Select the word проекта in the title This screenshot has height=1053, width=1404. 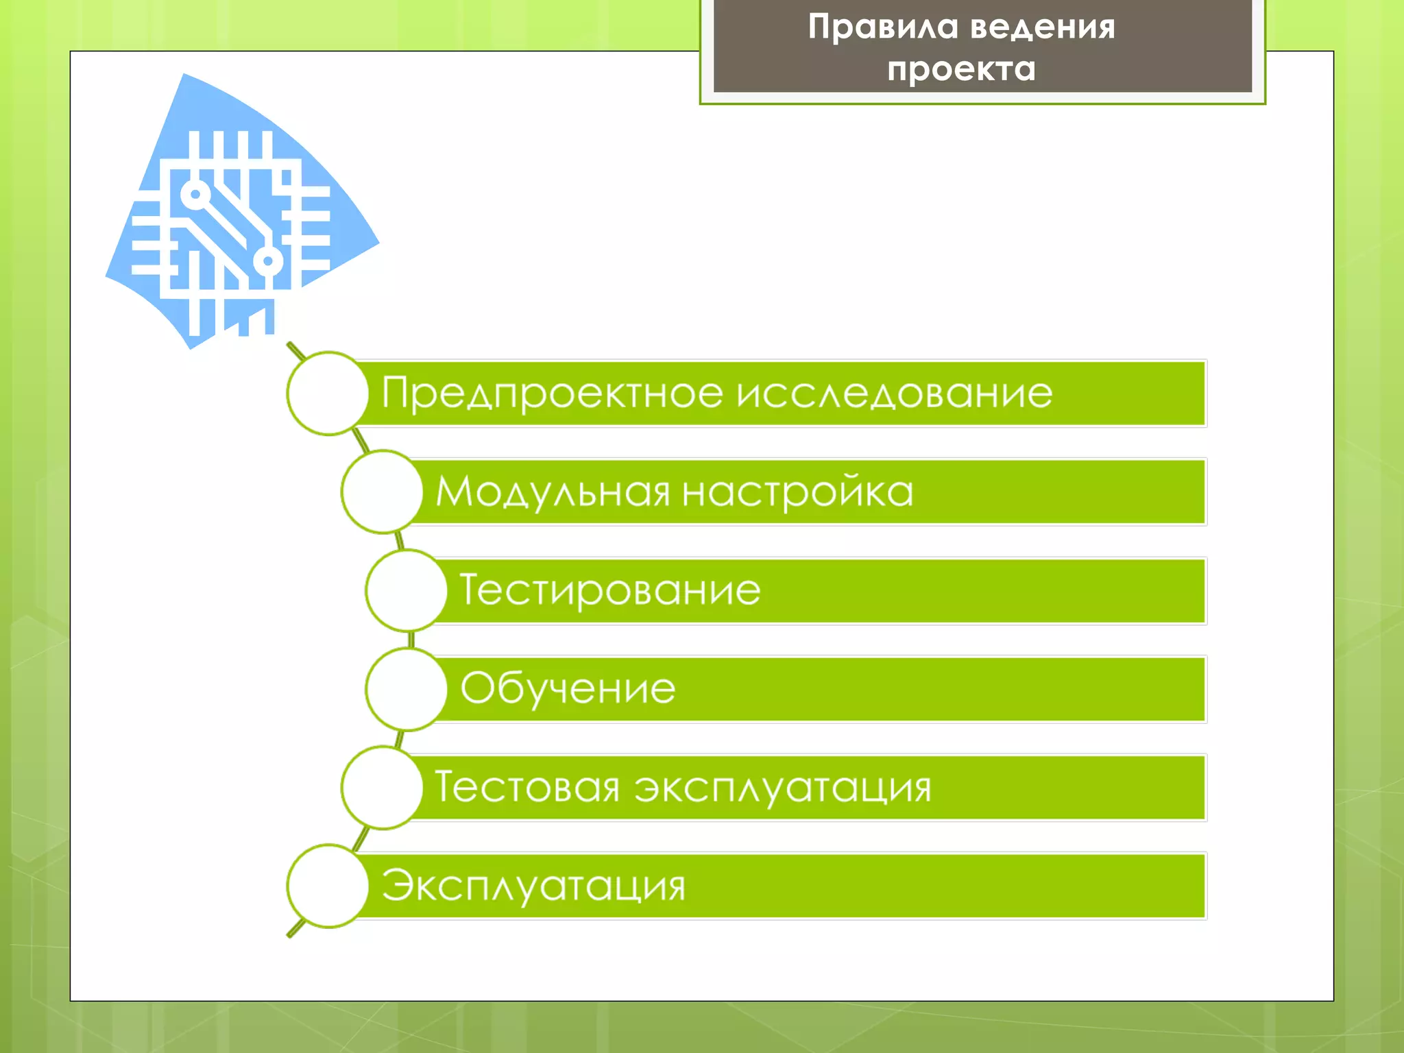pos(961,69)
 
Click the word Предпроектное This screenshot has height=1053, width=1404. pos(552,394)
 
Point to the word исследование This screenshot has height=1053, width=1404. pos(895,394)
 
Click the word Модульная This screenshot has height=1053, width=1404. pos(553,492)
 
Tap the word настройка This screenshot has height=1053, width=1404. pos(798,492)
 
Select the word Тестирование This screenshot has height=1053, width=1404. pos(610,590)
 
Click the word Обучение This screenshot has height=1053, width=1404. pos(568,688)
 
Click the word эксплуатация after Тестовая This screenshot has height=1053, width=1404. pos(782,788)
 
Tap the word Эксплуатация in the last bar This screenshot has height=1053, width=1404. pos(533,886)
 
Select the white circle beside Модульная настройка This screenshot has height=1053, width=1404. pos(382,492)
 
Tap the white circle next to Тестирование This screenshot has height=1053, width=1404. pos(407,590)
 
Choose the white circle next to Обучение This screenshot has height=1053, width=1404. pos(407,689)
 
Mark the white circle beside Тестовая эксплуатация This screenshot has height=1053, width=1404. pos(382,788)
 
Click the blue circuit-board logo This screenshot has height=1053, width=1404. pos(237,213)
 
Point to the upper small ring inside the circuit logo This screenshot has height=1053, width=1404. pos(195,195)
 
